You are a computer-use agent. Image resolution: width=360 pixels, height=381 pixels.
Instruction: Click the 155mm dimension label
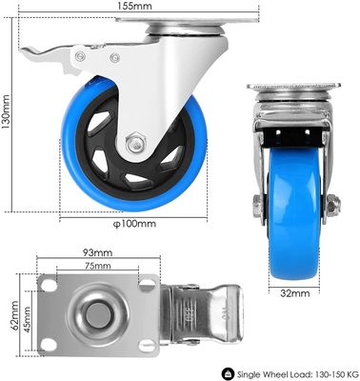134,6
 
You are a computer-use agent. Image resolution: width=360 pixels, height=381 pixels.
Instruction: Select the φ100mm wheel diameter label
134,224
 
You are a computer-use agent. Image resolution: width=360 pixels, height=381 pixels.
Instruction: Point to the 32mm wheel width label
295,293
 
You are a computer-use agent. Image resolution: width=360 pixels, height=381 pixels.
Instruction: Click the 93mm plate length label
97,252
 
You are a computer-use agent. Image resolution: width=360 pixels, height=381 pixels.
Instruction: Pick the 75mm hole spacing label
97,266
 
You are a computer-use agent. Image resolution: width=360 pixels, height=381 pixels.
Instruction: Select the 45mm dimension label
27,319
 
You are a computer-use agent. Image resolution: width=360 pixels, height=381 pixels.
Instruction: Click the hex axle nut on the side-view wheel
135,143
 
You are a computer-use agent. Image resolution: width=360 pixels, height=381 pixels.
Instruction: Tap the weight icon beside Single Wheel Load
228,372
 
